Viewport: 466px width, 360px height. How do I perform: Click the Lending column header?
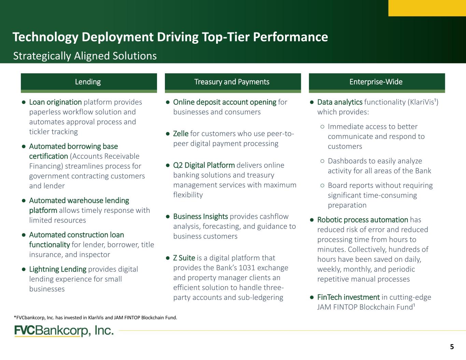click(x=89, y=83)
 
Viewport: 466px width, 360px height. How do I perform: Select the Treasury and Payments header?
click(x=233, y=83)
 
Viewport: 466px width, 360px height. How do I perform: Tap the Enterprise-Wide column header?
click(x=377, y=83)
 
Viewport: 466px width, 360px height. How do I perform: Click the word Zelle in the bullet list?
click(x=181, y=133)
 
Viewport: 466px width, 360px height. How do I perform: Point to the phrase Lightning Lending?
click(x=58, y=269)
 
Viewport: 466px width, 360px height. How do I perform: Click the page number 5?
click(x=452, y=346)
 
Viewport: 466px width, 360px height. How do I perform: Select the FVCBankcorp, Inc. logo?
click(x=64, y=331)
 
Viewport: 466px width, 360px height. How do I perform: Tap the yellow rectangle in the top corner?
click(x=427, y=8)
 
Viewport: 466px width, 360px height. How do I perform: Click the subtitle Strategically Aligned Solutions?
click(x=85, y=56)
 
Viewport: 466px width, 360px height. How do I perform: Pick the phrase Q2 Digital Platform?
click(x=204, y=165)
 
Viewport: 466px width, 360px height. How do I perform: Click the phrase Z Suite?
click(x=184, y=258)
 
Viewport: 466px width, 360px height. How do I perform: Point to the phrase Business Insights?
click(x=200, y=216)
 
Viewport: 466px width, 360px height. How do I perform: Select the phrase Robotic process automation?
click(x=363, y=220)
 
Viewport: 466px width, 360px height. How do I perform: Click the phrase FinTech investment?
click(x=349, y=297)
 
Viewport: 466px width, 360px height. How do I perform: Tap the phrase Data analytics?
click(x=340, y=102)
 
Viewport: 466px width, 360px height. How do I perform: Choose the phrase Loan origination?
click(x=55, y=102)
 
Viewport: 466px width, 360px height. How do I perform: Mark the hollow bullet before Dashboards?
click(x=322, y=161)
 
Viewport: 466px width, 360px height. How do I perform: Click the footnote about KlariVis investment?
click(x=96, y=318)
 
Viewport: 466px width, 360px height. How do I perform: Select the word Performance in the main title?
click(x=291, y=37)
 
